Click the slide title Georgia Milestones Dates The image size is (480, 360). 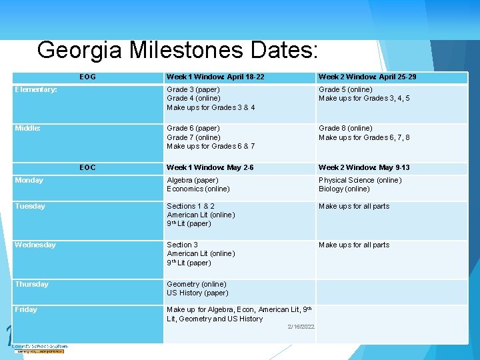178,50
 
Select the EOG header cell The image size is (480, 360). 87,77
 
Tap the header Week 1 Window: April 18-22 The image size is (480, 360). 215,77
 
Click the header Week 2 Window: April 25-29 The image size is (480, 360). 367,77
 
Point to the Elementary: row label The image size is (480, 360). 36,89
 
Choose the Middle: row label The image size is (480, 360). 28,128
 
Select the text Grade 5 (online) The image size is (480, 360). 345,89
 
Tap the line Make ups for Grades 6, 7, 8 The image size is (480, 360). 364,137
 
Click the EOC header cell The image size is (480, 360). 87,167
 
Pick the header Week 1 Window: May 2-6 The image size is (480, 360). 210,167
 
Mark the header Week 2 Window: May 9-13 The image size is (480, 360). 364,167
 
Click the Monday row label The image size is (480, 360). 29,180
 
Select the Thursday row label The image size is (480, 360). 32,284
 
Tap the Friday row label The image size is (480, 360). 26,309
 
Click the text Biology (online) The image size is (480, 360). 344,189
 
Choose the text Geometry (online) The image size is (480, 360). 197,284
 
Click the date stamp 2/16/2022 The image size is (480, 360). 301,326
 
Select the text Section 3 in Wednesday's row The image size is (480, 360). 182,245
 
